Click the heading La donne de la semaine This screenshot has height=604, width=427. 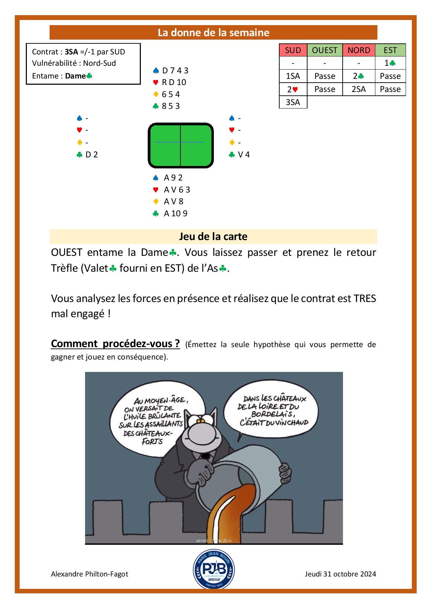coord(213,33)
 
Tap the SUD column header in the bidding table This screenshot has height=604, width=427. coord(293,50)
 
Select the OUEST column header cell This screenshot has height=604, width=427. coord(324,50)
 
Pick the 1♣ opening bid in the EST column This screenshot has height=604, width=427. coord(390,63)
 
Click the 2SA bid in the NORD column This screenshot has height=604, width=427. coord(358,89)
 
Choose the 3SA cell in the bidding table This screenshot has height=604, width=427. coord(293,102)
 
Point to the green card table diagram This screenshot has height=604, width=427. coord(181,145)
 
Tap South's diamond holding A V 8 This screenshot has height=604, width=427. coord(174,201)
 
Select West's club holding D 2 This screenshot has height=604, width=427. coord(91,155)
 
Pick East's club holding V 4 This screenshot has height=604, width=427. coord(243,155)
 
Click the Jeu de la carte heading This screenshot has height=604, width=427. coord(213,237)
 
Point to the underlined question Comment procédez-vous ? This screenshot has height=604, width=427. coord(115,344)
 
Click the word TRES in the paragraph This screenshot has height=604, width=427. coord(365,298)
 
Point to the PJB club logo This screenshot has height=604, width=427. coord(214,569)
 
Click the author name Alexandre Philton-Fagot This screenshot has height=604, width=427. coord(90,574)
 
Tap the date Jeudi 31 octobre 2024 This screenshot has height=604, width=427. coord(340,574)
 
